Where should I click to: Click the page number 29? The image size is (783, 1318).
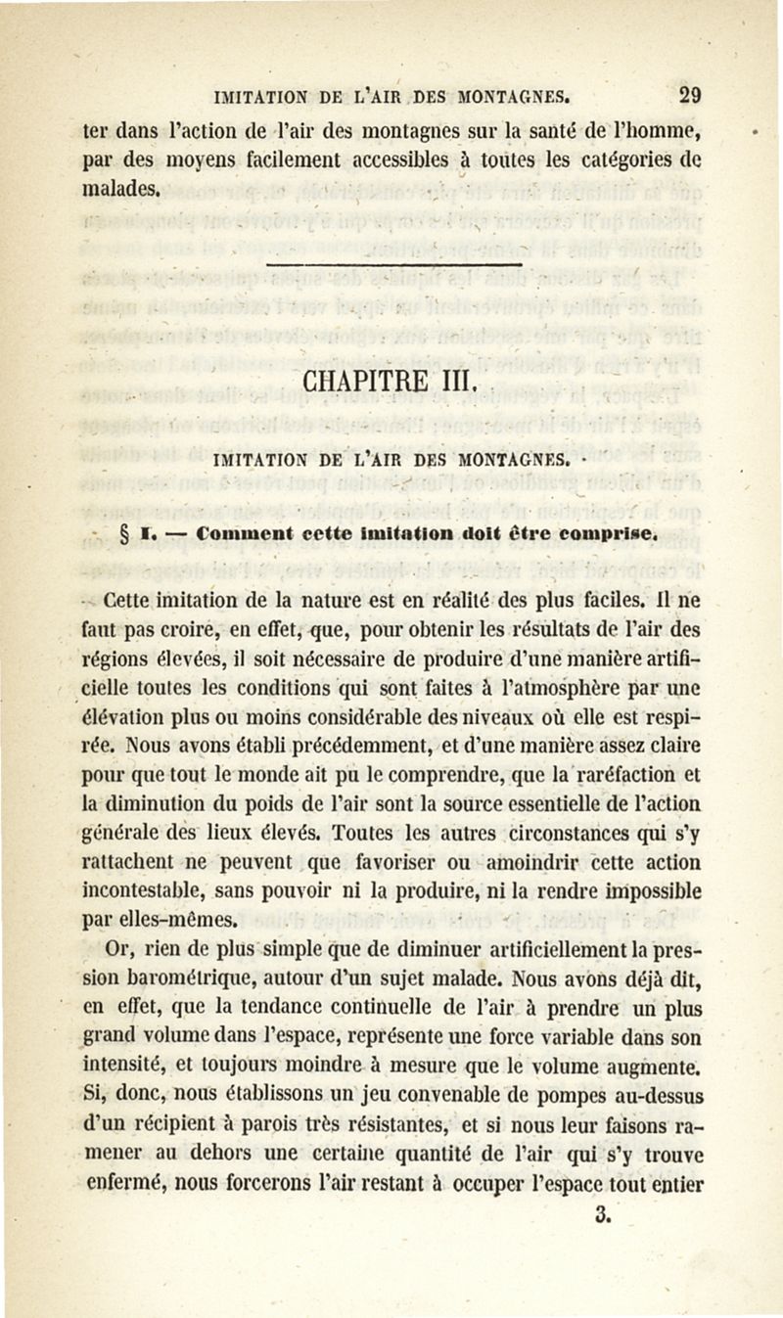click(690, 96)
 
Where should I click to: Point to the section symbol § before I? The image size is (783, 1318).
click(123, 535)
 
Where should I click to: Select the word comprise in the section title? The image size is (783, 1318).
click(612, 535)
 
